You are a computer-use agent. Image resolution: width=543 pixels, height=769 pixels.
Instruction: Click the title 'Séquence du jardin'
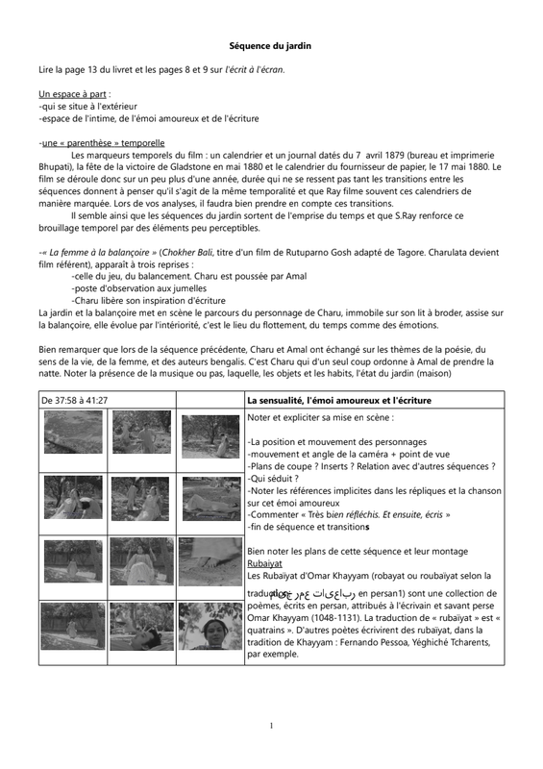270,45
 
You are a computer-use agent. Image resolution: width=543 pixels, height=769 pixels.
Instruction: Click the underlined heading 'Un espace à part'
73,94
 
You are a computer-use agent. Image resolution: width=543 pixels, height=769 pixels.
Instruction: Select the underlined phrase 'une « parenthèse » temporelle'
103,142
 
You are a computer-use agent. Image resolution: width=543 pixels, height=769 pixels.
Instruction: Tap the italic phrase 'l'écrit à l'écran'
254,69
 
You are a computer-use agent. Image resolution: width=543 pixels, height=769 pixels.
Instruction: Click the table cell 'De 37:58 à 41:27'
75,400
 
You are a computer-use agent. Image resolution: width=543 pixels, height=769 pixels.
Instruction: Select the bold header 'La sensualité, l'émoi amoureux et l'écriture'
339,400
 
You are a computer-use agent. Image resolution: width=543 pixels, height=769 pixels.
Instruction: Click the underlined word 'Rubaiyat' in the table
264,563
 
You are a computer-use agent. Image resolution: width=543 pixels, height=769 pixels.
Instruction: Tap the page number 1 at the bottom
271,726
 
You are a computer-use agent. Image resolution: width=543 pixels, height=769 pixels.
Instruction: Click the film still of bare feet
210,561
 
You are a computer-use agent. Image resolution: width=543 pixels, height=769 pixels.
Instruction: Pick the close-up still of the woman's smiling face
210,626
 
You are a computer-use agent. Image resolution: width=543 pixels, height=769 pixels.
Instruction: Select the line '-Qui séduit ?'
273,479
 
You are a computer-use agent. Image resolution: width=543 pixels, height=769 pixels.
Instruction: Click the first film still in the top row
73,433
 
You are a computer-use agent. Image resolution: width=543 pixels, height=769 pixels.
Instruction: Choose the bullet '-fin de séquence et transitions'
309,527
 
